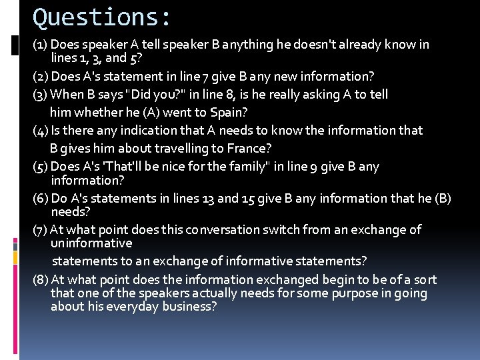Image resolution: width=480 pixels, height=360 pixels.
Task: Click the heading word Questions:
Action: (x=102, y=17)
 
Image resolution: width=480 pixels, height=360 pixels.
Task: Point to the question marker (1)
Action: (x=40, y=45)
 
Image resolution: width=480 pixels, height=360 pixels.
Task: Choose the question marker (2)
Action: (x=40, y=77)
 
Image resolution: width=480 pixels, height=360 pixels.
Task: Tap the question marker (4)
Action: (x=40, y=131)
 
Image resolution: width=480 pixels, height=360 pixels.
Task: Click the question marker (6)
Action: (x=40, y=199)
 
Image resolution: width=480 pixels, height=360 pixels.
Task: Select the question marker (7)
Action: (x=40, y=230)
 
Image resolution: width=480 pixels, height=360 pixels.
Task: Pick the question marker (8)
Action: (x=40, y=280)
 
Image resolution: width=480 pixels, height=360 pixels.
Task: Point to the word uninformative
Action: (x=91, y=243)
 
